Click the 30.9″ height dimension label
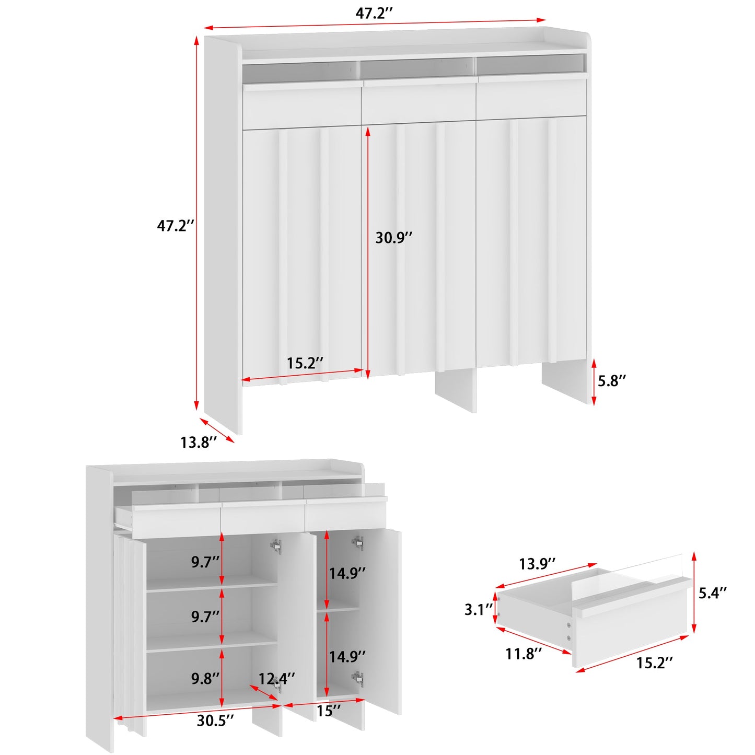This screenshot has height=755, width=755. click(x=394, y=238)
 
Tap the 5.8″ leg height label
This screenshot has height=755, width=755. click(x=612, y=380)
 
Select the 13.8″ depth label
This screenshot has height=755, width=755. click(x=199, y=443)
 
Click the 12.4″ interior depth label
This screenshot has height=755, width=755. click(x=276, y=678)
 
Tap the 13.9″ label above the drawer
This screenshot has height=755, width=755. click(x=537, y=564)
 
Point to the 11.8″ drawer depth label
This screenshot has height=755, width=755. click(x=524, y=654)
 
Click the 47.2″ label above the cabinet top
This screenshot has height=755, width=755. click(x=374, y=13)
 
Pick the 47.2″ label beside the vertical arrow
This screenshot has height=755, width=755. click(x=176, y=226)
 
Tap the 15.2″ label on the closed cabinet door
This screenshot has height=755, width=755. click(x=305, y=363)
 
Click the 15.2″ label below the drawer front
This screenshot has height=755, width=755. click(x=654, y=663)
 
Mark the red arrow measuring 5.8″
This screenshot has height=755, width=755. click(x=594, y=381)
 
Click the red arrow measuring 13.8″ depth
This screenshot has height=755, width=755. click(x=217, y=430)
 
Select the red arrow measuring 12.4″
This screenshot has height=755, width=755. click(x=264, y=693)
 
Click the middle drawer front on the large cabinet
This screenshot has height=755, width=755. click(x=419, y=102)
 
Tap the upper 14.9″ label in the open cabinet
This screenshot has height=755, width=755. click(x=347, y=573)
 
